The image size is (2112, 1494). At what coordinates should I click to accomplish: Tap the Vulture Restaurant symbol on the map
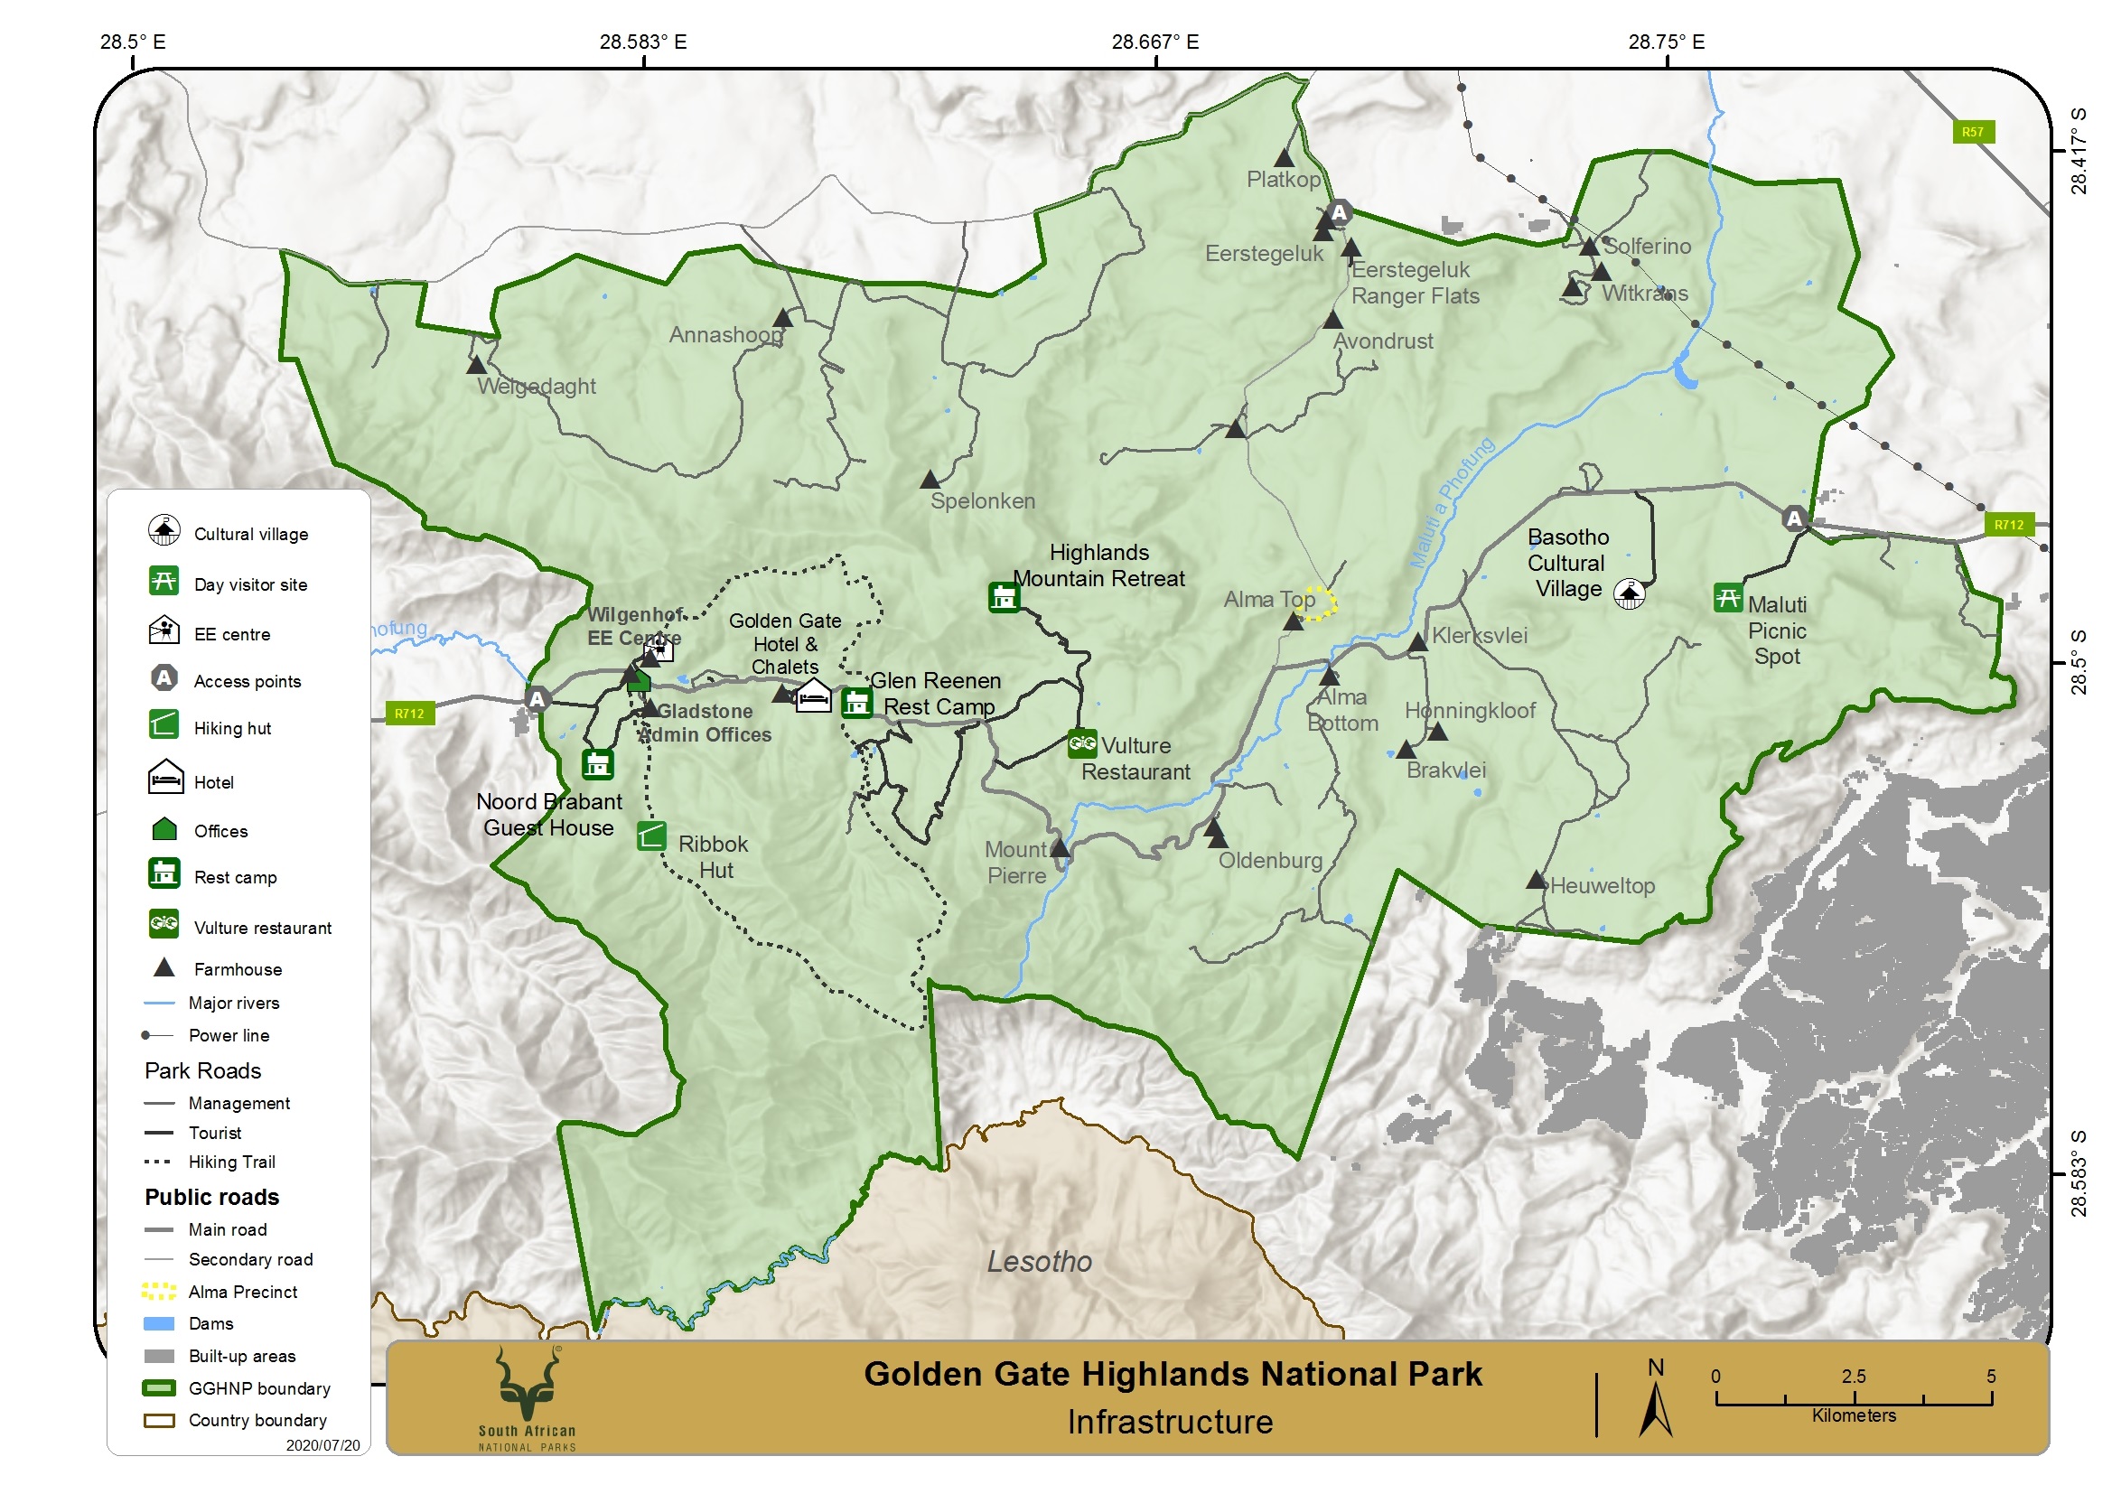pyautogui.click(x=1082, y=743)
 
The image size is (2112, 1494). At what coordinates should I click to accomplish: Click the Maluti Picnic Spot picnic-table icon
pyautogui.click(x=1727, y=599)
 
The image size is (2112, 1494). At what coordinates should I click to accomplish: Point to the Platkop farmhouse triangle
pyautogui.click(x=1285, y=158)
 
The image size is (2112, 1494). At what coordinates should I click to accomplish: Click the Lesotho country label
pyautogui.click(x=1040, y=1261)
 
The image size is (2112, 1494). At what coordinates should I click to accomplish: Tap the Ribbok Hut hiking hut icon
pyautogui.click(x=651, y=836)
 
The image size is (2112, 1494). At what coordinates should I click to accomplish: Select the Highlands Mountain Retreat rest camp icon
pyautogui.click(x=1004, y=597)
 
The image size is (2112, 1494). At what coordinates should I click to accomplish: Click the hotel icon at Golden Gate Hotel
pyautogui.click(x=812, y=696)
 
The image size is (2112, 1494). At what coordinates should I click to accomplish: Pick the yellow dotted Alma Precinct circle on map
pyautogui.click(x=1321, y=602)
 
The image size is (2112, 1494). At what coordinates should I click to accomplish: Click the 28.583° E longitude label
pyautogui.click(x=643, y=42)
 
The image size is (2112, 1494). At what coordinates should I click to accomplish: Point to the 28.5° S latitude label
pyautogui.click(x=2078, y=662)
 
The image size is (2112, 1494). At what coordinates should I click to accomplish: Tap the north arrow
pyautogui.click(x=1656, y=1403)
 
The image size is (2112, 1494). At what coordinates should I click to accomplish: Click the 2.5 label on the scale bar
pyautogui.click(x=1854, y=1377)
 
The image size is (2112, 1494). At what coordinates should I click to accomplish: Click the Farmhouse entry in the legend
pyautogui.click(x=238, y=968)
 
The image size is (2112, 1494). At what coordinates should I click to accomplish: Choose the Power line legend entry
pyautogui.click(x=229, y=1035)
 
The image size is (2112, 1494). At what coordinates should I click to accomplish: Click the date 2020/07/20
pyautogui.click(x=322, y=1445)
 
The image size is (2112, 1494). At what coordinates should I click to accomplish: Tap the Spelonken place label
pyautogui.click(x=983, y=500)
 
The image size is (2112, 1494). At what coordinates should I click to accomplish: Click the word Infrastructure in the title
pyautogui.click(x=1170, y=1423)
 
